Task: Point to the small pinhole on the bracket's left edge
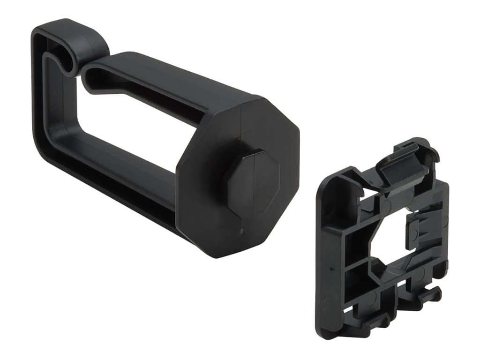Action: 331,270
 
